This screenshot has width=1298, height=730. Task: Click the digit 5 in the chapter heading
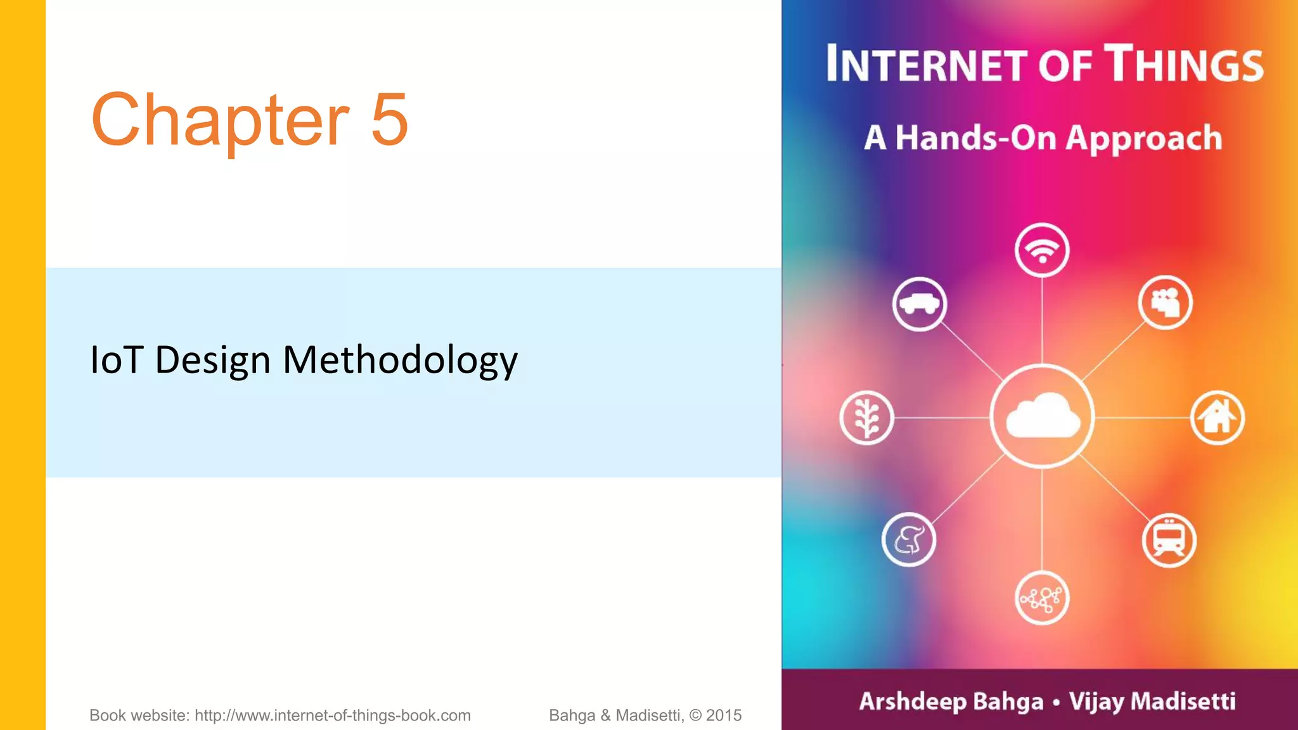[x=389, y=119]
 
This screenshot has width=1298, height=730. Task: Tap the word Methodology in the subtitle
[x=400, y=360]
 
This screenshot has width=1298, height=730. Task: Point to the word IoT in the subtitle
[x=117, y=360]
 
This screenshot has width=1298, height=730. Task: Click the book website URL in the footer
[x=332, y=715]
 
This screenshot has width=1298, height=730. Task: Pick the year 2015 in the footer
[x=724, y=715]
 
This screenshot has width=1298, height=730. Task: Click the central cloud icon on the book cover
[x=1042, y=416]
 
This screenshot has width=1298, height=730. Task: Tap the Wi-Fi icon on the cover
[x=1042, y=250]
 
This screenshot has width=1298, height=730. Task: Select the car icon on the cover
[x=920, y=304]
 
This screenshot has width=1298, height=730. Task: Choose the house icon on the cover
[x=1217, y=418]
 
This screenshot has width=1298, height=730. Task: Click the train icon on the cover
[x=1169, y=541]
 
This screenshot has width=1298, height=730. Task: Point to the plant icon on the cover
[x=866, y=418]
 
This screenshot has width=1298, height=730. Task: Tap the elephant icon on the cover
[x=909, y=540]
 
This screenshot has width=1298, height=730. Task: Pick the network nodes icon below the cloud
[x=1042, y=598]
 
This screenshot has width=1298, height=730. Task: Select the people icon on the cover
[x=1165, y=303]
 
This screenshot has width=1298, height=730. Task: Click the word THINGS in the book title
[x=1184, y=65]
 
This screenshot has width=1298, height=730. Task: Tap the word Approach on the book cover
[x=1143, y=138]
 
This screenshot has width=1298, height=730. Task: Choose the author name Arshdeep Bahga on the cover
[x=951, y=701]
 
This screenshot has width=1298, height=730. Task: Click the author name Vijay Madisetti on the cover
[x=1152, y=701]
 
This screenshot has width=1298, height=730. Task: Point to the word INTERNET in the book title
[x=926, y=65]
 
